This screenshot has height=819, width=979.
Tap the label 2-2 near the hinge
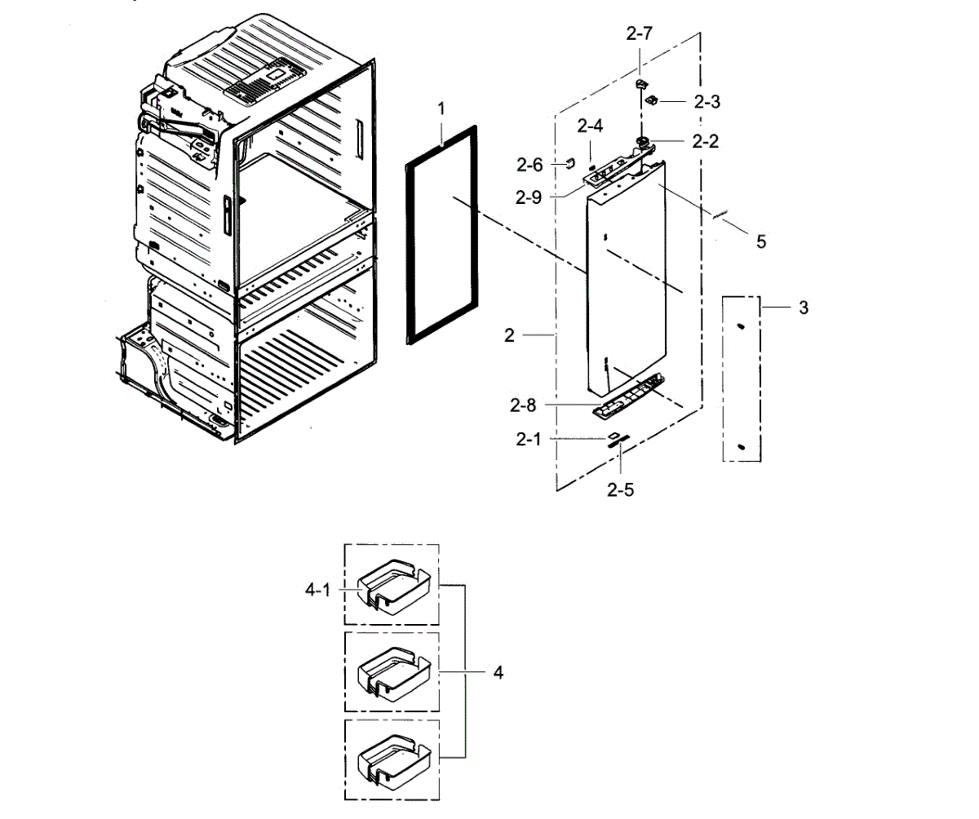(x=705, y=140)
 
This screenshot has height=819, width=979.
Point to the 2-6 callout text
(x=529, y=164)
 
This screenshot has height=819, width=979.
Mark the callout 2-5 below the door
(x=620, y=489)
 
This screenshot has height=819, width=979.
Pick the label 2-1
(x=528, y=439)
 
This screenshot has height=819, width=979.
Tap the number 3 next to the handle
(x=804, y=308)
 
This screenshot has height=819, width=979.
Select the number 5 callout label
(x=760, y=241)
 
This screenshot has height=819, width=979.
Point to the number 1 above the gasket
(x=441, y=108)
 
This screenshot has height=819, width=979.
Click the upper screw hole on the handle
(x=740, y=325)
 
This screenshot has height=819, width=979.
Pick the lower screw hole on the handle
(x=740, y=446)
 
